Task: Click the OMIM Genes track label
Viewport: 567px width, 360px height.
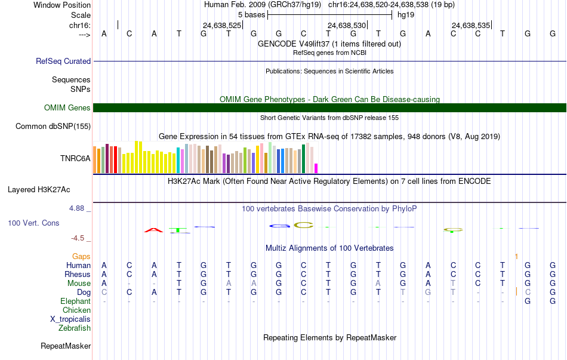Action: pos(67,107)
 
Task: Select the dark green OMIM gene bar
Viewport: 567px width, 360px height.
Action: pos(330,108)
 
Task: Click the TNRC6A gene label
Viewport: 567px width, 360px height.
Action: pos(75,158)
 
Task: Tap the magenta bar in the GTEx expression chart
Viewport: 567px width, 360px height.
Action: pos(316,168)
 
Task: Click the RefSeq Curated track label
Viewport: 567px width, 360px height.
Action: pos(63,61)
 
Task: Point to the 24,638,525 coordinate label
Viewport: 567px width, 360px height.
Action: pos(221,25)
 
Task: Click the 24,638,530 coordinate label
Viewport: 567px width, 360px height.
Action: pos(346,25)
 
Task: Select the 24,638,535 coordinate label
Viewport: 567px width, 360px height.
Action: pos(471,25)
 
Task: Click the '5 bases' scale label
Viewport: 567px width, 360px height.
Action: pos(251,15)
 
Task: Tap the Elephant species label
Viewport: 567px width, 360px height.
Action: pos(76,301)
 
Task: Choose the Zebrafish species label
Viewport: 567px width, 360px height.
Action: pos(75,328)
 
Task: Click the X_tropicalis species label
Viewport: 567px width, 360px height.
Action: pos(70,319)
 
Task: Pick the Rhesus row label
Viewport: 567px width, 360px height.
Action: pos(78,274)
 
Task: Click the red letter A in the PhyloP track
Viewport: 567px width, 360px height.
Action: pos(153,230)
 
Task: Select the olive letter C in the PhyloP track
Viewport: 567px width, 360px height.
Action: pos(303,225)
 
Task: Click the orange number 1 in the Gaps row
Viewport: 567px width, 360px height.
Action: pos(516,257)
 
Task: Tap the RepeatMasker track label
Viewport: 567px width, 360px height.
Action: pos(66,346)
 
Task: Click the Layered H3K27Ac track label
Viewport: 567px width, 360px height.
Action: pos(39,190)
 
